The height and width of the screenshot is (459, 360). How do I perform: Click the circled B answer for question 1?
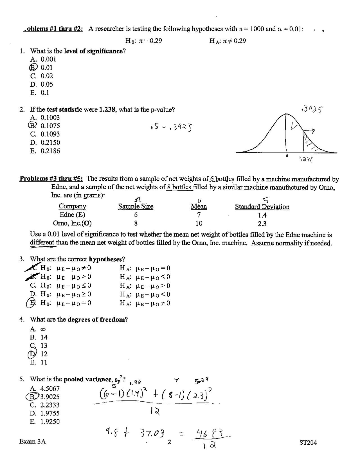tap(33, 67)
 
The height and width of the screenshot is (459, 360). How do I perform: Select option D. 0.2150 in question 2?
tap(45, 143)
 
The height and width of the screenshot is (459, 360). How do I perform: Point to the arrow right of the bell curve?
tap(310, 131)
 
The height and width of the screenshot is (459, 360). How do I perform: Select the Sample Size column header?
tap(136, 206)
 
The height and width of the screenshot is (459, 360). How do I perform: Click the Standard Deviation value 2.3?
tap(262, 224)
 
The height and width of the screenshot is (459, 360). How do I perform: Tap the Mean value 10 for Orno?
tap(199, 224)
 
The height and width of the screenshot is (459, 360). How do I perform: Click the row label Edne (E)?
tap(72, 215)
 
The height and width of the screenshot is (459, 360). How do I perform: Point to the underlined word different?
tap(42, 243)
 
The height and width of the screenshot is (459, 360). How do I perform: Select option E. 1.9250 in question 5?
tap(45, 422)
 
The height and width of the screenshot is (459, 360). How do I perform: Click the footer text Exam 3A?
tap(32, 442)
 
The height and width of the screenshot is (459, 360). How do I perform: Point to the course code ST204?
tap(308, 443)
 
